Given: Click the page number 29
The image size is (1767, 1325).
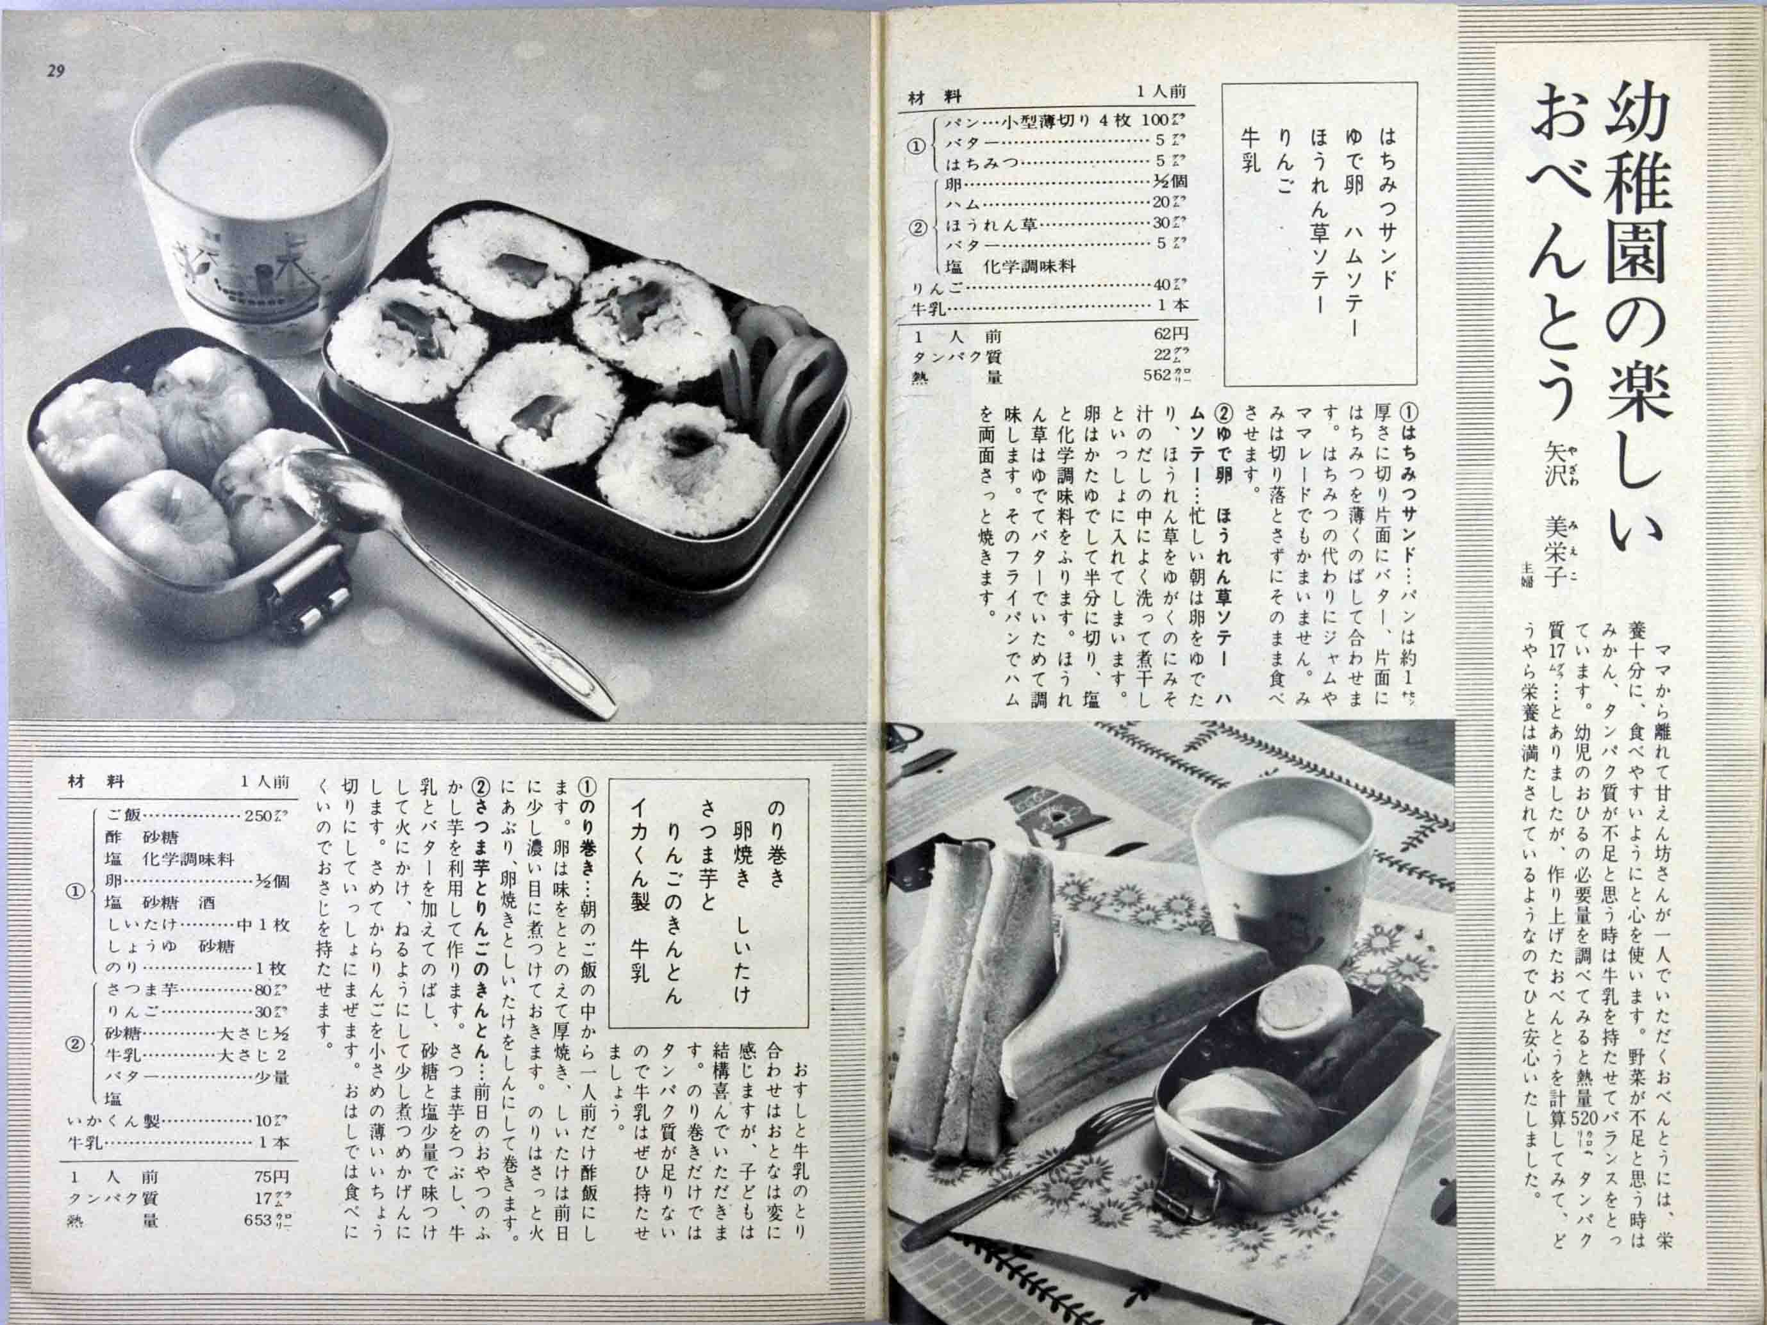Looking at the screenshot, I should click(54, 72).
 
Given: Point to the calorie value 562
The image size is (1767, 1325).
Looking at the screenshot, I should click(1156, 375).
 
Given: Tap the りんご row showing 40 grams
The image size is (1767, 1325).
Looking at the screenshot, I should click(1047, 285).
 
